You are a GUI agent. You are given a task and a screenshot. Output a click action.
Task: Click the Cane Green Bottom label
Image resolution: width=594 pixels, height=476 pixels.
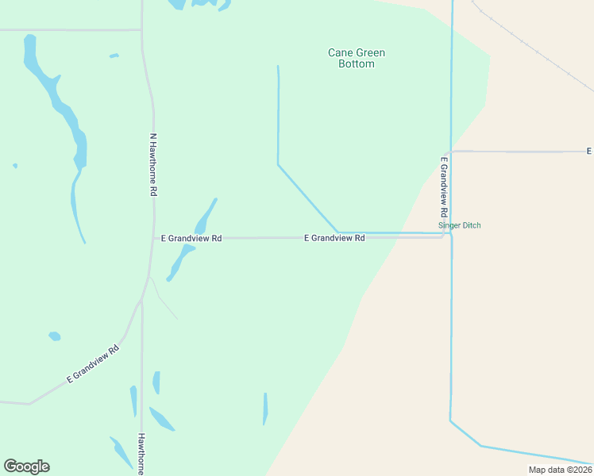[x=357, y=58]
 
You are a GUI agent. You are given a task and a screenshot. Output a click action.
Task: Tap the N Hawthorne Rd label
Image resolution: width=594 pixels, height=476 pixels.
[x=153, y=164]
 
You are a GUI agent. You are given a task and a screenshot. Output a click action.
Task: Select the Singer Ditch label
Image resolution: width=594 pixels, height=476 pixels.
[x=460, y=225]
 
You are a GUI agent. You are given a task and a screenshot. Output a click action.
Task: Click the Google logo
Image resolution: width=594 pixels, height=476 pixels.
[x=26, y=466]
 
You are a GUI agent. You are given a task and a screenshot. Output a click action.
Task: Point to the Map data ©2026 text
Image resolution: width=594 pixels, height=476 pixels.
[x=560, y=470]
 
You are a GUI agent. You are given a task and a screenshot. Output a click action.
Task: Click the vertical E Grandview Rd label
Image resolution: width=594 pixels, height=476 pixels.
[x=444, y=188]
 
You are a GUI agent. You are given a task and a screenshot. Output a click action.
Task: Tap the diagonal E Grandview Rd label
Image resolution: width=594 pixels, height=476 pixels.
[x=93, y=364]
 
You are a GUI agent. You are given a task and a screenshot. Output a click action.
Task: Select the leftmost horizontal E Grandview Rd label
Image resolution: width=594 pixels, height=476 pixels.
[x=191, y=237]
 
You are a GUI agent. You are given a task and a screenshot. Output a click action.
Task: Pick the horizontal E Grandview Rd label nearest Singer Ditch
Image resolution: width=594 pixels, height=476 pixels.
[x=334, y=237]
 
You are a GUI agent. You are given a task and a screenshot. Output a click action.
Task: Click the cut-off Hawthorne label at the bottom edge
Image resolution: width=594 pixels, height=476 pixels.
[x=141, y=453]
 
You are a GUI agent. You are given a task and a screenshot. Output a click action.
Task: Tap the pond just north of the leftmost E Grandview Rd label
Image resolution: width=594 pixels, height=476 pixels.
[x=206, y=217]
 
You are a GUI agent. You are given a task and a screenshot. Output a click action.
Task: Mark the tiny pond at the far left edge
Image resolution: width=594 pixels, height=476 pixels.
[x=15, y=166]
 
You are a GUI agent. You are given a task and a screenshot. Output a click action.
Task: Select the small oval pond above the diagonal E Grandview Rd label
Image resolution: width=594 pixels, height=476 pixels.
[x=54, y=336]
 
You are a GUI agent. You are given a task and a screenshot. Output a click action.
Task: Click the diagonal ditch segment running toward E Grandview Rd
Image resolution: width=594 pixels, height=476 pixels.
[x=308, y=199]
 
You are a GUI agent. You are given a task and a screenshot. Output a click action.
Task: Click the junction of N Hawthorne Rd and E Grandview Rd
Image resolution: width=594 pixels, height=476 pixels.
[x=153, y=237]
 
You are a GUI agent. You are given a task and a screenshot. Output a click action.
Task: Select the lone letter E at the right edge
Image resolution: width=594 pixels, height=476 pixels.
[x=588, y=151]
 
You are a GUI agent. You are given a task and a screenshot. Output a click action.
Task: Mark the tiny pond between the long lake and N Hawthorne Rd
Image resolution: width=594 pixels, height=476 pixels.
[x=114, y=56]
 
